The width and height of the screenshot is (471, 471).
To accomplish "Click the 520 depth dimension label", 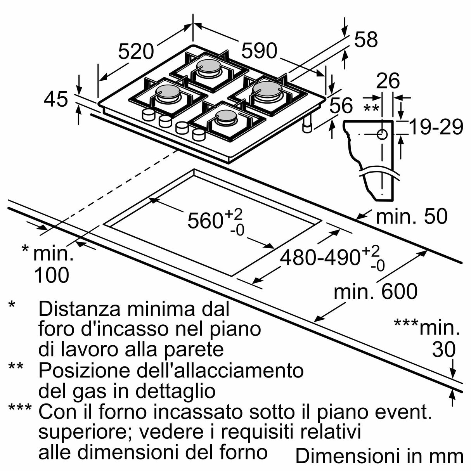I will click(136, 52).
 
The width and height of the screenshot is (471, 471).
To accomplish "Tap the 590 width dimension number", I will click(260, 51).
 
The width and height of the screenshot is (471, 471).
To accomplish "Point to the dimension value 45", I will click(56, 100).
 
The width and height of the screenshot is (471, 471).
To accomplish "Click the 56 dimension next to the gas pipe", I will click(341, 106).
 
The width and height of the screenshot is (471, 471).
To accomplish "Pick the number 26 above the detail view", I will click(388, 81).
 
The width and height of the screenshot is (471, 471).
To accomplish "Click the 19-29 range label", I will click(436, 127).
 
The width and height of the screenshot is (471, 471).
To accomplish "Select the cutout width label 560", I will click(205, 221).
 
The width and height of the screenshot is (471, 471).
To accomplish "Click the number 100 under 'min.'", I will click(52, 275).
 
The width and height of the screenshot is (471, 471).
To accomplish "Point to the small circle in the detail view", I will click(382, 134).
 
